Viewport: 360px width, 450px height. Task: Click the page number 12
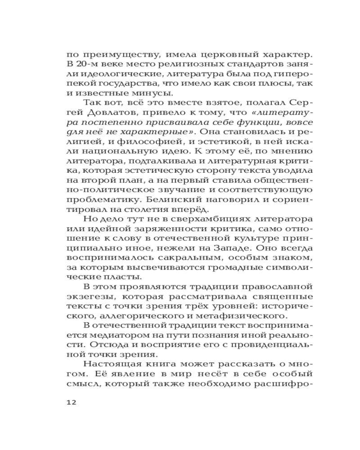coord(71,402)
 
